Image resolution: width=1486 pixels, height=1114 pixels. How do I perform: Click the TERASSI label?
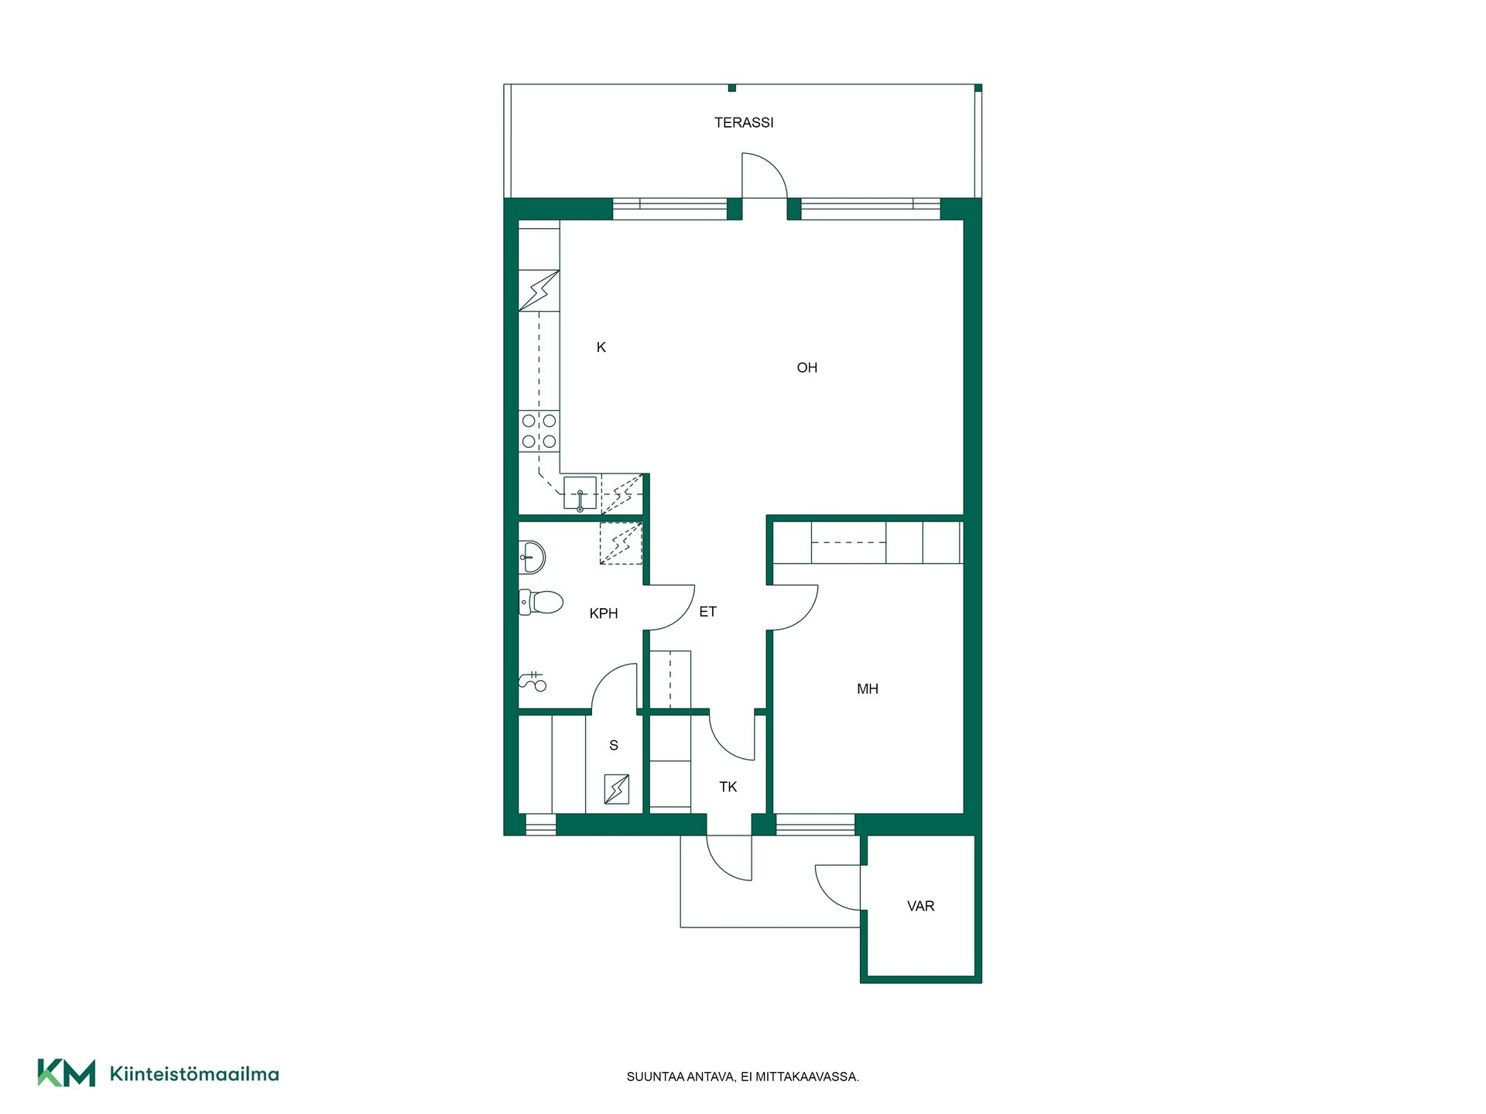point(744,122)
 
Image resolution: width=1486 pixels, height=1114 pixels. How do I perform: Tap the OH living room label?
point(807,367)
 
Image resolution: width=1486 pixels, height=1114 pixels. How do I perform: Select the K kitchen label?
point(601,347)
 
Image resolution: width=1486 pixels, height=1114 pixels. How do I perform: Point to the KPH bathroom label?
point(604,613)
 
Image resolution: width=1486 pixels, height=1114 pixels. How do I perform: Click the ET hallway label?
point(708,612)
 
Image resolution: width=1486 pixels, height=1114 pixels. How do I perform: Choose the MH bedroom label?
point(868,689)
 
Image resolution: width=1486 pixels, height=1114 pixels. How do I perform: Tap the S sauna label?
point(614,745)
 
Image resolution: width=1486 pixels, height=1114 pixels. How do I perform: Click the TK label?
point(728,787)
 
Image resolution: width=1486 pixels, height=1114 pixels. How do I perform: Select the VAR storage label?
point(921,906)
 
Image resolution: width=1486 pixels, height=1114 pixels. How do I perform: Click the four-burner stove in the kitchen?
point(539,431)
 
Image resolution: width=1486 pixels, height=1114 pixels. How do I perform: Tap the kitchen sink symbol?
point(580,494)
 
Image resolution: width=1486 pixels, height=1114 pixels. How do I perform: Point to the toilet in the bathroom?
point(540,602)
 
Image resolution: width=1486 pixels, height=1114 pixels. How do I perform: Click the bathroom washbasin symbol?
point(532,556)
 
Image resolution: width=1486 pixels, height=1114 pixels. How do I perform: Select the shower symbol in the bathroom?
point(532,682)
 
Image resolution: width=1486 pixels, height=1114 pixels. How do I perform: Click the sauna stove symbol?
point(617,789)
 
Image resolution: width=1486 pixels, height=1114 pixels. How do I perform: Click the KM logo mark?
point(67,1073)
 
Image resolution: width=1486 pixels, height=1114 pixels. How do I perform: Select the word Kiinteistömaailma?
point(194,1074)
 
